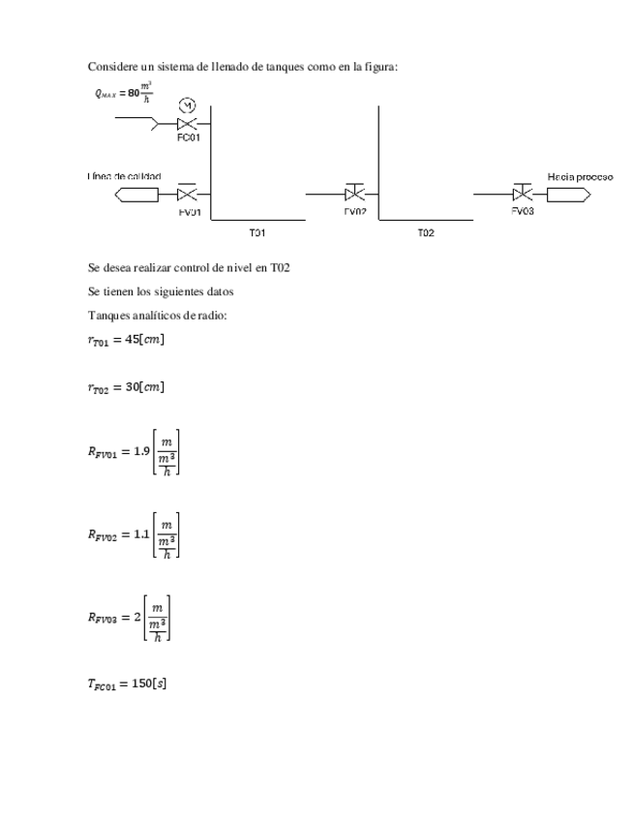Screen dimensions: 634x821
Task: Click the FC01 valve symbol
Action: [188, 124]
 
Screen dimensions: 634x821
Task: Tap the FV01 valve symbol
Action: [188, 194]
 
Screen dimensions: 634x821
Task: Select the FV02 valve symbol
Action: [355, 194]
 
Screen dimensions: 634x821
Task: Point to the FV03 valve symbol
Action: [523, 194]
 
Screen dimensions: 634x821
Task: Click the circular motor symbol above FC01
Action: [188, 105]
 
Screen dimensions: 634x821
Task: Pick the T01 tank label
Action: [257, 232]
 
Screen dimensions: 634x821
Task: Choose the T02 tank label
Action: [426, 232]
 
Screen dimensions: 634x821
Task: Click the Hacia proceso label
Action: [579, 177]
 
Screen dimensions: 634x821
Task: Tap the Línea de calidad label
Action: [124, 177]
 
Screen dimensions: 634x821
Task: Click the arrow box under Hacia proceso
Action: [568, 195]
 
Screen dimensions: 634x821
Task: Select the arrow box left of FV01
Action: [136, 195]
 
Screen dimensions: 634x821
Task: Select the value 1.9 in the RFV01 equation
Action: [141, 450]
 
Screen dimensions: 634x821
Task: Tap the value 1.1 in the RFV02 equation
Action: [141, 533]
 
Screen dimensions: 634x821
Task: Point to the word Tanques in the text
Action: [107, 316]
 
